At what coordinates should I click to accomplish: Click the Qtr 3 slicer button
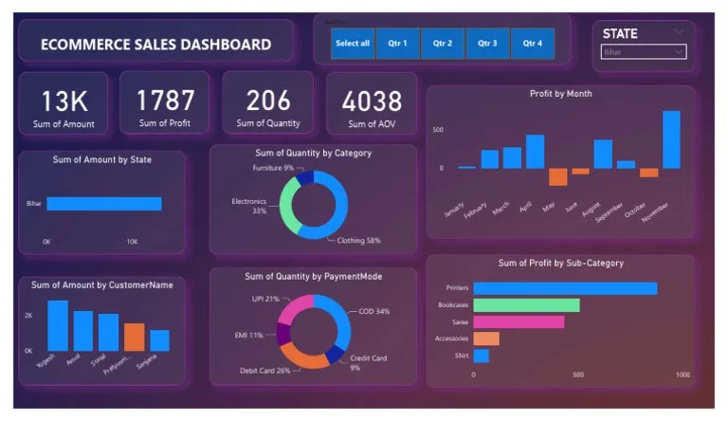tap(487, 44)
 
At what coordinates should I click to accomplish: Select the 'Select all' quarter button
tap(353, 44)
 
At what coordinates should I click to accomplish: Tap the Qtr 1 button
tap(397, 44)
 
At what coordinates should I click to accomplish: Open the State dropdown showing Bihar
tap(644, 52)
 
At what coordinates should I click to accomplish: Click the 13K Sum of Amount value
tap(64, 100)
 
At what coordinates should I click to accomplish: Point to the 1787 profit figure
tap(165, 100)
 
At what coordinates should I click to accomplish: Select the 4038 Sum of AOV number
tap(372, 101)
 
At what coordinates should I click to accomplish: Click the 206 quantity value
tap(268, 100)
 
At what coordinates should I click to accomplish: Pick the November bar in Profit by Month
tap(671, 139)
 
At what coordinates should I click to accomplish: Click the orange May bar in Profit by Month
tap(558, 176)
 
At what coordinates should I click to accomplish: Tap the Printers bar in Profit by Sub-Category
tap(565, 288)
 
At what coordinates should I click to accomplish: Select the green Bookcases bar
tap(526, 305)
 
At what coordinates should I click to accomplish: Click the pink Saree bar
tap(519, 321)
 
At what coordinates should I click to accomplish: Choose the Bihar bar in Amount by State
tap(103, 204)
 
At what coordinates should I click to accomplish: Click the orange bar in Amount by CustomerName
tap(135, 337)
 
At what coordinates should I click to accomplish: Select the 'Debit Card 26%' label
tap(264, 371)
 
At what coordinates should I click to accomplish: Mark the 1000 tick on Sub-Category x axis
tap(682, 375)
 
